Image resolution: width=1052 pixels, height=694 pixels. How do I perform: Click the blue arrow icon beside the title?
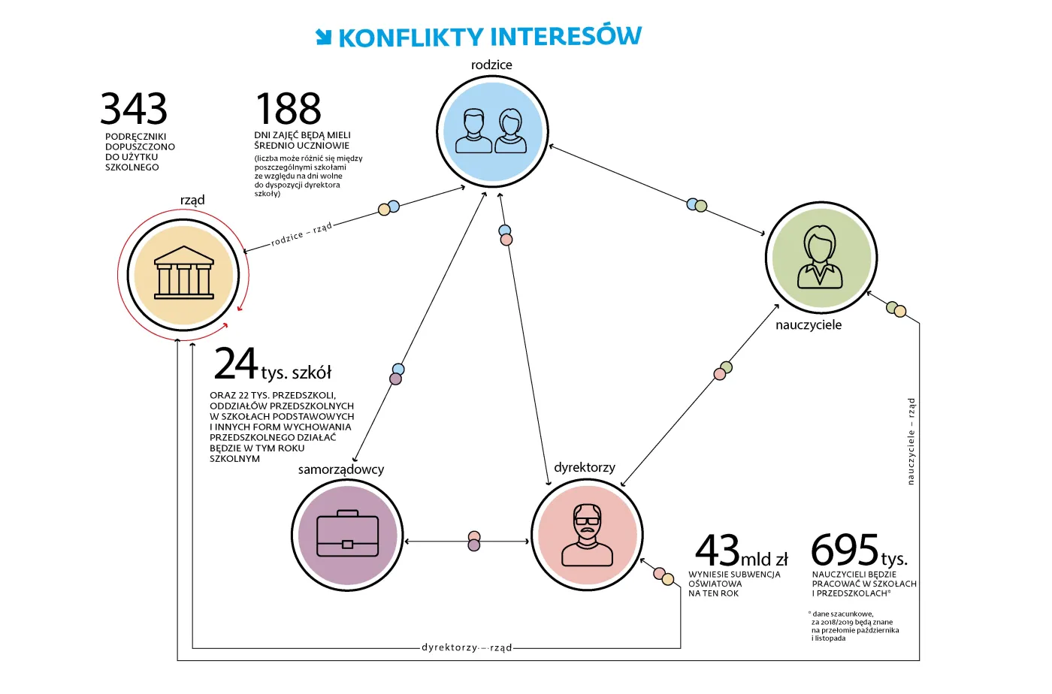[324, 37]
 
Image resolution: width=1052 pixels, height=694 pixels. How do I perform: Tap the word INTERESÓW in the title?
[566, 37]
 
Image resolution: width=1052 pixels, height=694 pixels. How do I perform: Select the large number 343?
[134, 108]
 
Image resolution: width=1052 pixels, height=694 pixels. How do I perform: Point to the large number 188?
[288, 108]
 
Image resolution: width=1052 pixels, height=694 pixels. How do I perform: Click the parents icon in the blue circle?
[491, 131]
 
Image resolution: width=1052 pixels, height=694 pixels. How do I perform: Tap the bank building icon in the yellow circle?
[183, 273]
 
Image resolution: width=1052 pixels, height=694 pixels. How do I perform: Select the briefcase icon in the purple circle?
[347, 533]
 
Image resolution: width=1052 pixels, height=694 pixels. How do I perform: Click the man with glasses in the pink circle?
[587, 535]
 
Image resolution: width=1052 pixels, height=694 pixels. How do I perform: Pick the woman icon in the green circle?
[820, 257]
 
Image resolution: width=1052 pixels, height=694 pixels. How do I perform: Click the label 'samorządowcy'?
[341, 469]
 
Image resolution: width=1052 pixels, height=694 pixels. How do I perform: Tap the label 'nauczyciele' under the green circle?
[809, 325]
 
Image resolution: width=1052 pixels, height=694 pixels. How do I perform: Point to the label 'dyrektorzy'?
[585, 468]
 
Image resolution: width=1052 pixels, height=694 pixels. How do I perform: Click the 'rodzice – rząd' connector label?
[301, 234]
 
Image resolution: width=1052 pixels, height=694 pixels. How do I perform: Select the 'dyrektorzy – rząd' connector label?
[467, 647]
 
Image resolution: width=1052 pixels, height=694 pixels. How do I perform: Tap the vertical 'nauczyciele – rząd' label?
[911, 442]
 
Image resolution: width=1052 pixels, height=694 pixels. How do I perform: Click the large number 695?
[845, 549]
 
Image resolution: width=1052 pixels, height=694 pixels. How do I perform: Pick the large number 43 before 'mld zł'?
[717, 551]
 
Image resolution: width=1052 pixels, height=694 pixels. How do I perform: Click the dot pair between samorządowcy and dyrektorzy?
[474, 541]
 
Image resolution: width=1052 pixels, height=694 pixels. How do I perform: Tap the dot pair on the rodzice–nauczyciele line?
[697, 205]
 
